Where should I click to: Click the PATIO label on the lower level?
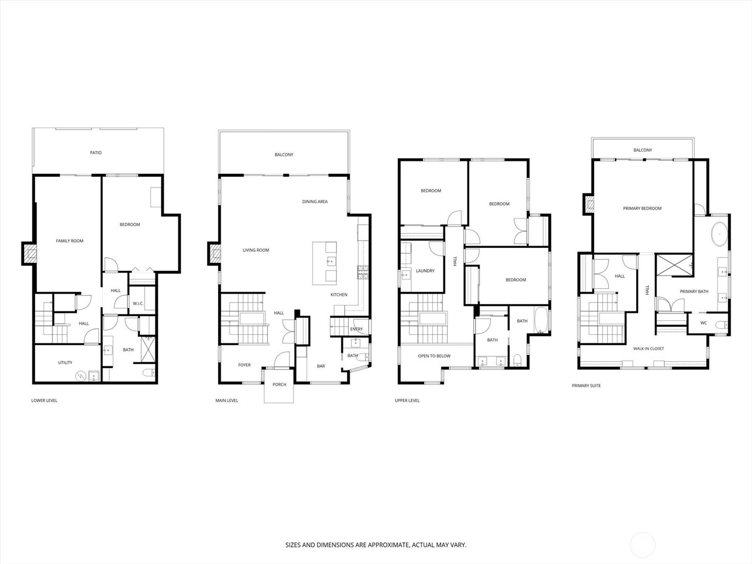coord(95,153)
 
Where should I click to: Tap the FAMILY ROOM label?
coord(70,241)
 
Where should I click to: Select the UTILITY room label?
coord(65,362)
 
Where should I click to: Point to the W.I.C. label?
coord(138,304)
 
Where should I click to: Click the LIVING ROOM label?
coord(256,250)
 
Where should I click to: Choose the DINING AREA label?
coord(315,201)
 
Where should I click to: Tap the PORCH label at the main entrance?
coord(279,384)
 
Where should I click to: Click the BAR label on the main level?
coord(321,366)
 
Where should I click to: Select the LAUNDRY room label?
coord(425,271)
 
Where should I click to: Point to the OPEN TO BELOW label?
coord(434,356)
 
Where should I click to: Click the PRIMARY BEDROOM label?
coord(642,208)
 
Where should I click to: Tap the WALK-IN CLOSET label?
coord(649,349)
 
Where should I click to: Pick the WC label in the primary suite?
coord(704,322)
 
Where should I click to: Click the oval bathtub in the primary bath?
coord(720,234)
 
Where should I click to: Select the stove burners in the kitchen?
coord(362,272)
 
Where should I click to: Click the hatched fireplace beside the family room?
coord(29,253)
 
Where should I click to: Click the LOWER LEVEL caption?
coord(44,400)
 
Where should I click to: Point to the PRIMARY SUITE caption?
coord(586,385)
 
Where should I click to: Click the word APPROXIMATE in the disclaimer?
coord(389,545)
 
